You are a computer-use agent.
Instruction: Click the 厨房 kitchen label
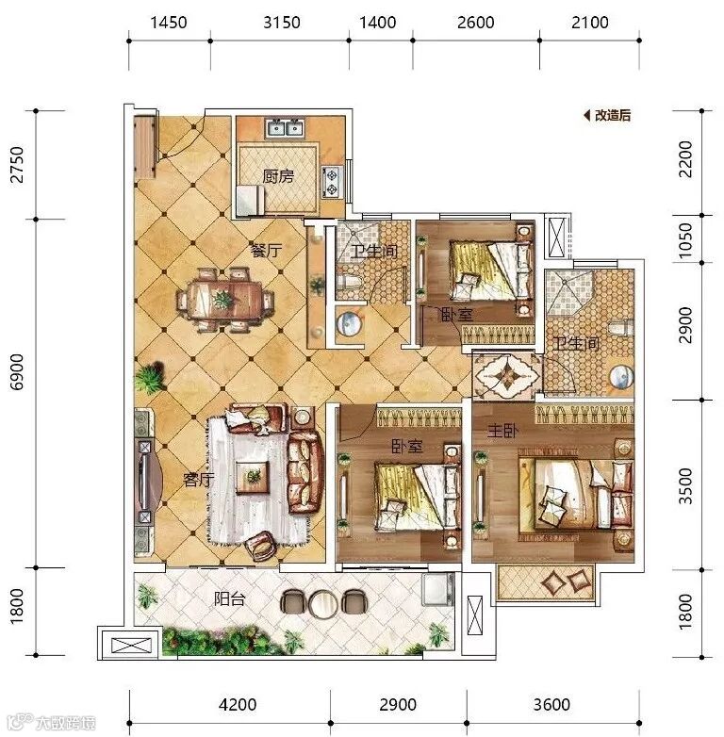pos(278,176)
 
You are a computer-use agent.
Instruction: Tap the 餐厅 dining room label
pos(266,251)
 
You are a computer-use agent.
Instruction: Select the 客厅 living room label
pos(198,480)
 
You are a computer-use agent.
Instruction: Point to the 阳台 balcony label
pos(229,598)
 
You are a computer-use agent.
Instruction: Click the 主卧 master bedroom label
pos(502,430)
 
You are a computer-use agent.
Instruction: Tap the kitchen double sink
pos(286,127)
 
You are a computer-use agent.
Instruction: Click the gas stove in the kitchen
pos(333,182)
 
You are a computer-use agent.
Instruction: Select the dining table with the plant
pos(224,299)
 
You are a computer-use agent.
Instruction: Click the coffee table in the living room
pos(253,477)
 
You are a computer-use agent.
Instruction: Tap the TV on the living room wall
pos(142,481)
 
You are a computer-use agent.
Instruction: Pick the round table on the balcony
pos(323,602)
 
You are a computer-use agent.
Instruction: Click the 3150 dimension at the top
pos(281,22)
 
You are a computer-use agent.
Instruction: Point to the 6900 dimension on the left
pos(17,371)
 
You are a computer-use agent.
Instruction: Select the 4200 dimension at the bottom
pos(238,704)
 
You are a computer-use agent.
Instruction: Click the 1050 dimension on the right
pos(686,239)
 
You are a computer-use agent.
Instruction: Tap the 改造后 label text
pos(612,115)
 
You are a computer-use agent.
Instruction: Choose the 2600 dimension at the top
pos(476,22)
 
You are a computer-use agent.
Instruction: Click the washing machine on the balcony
pos(436,589)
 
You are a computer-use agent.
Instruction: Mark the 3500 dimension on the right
pos(686,486)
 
